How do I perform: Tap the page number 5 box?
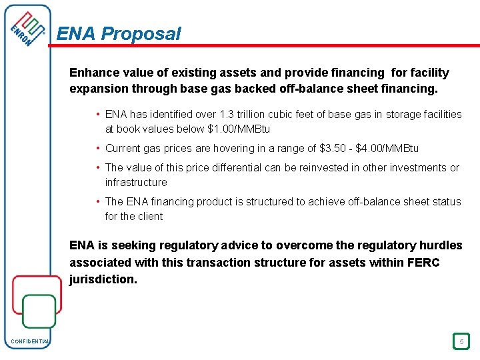[x=461, y=341]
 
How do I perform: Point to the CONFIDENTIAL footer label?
[x=30, y=342]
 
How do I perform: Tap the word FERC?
[x=424, y=263]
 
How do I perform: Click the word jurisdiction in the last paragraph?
[x=102, y=279]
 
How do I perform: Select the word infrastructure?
[x=136, y=182]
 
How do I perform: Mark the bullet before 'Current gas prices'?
[x=98, y=148]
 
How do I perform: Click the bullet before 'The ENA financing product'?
[x=98, y=201]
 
